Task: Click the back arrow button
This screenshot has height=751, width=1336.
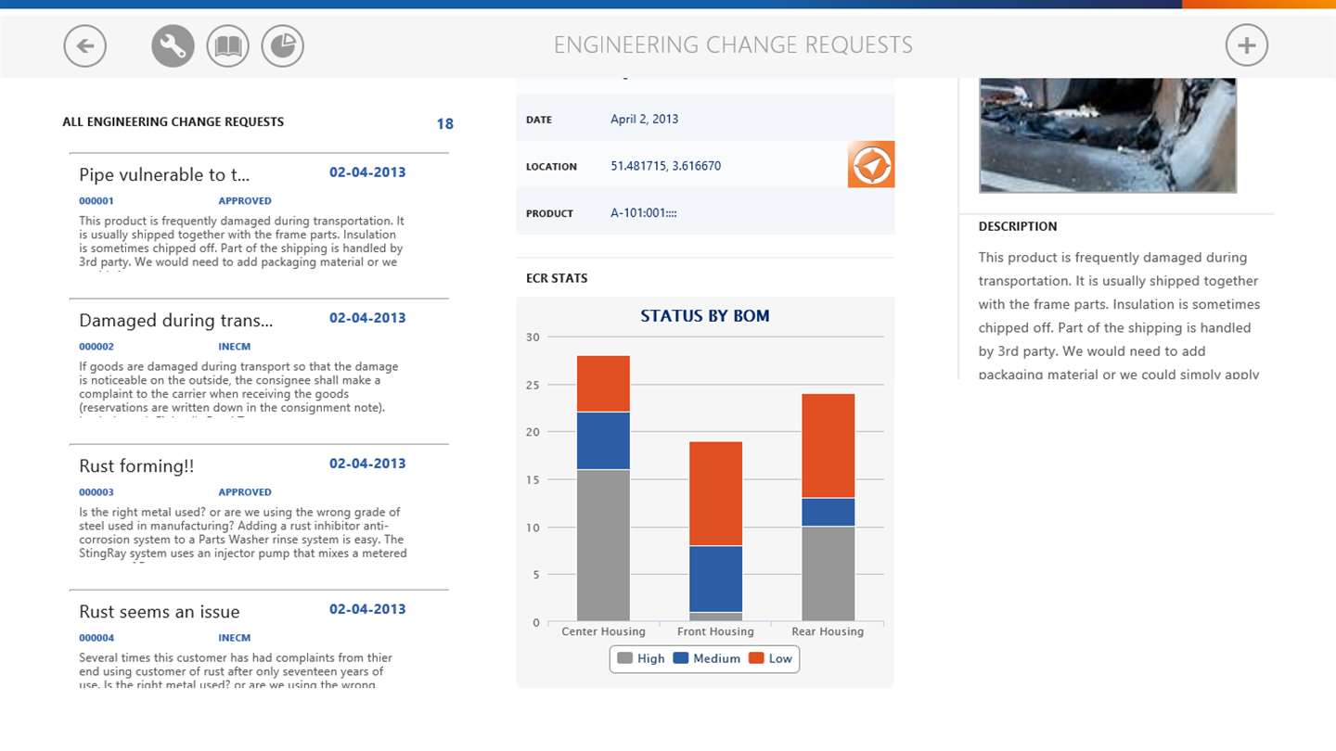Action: click(x=85, y=45)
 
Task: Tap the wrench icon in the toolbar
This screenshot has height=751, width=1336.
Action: click(x=173, y=45)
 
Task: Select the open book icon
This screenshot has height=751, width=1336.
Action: click(x=227, y=45)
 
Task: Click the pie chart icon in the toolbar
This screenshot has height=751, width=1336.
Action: click(x=282, y=45)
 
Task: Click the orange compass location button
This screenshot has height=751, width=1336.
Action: click(x=870, y=165)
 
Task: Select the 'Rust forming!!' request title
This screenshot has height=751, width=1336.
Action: click(x=136, y=466)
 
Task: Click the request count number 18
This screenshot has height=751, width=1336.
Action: click(x=444, y=124)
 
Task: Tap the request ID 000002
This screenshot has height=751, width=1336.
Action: click(x=96, y=347)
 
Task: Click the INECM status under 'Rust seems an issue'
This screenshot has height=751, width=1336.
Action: click(x=234, y=638)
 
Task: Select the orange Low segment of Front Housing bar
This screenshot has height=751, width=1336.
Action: click(x=715, y=493)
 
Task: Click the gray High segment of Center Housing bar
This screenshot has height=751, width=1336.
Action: click(x=603, y=545)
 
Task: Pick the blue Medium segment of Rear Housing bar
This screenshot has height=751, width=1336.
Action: click(x=828, y=512)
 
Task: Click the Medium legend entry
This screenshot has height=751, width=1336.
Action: click(x=707, y=658)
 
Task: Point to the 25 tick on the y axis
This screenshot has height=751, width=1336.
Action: click(x=533, y=385)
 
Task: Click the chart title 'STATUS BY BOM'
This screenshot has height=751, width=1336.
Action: click(x=704, y=316)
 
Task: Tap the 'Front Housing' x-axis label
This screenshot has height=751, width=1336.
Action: click(x=715, y=631)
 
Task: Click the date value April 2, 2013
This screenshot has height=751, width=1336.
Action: click(x=644, y=119)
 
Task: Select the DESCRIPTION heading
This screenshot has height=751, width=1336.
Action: click(x=1017, y=226)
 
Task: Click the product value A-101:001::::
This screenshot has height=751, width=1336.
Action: click(x=643, y=213)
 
